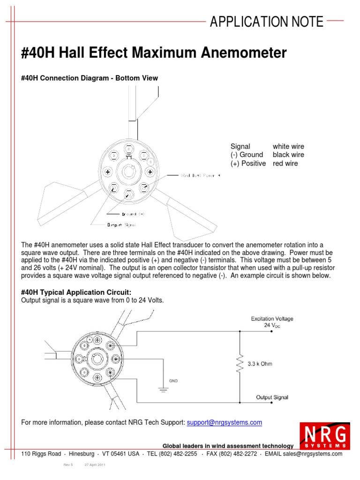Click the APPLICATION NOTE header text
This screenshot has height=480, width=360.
[x=267, y=22]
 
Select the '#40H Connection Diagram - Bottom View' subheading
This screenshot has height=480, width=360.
[x=90, y=78]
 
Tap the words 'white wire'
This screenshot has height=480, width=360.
[x=288, y=146]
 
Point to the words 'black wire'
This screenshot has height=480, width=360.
[x=288, y=155]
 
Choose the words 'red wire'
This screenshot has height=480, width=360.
[x=285, y=164]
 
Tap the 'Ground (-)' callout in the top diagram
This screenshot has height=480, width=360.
[x=133, y=213]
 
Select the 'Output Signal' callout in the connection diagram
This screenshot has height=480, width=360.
[x=121, y=225]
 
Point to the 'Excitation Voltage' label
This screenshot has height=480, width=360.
[x=272, y=319]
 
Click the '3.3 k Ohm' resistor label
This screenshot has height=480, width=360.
[x=261, y=364]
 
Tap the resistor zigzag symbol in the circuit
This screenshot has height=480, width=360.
[x=240, y=364]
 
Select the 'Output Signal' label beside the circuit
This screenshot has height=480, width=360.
[x=272, y=397]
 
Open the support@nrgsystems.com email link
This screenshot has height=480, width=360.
[x=224, y=422]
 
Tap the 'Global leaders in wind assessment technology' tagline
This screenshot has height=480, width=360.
[x=228, y=446]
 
